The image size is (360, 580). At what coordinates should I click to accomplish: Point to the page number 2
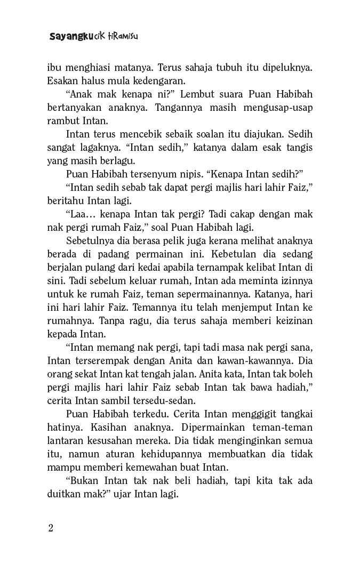click(x=51, y=528)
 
